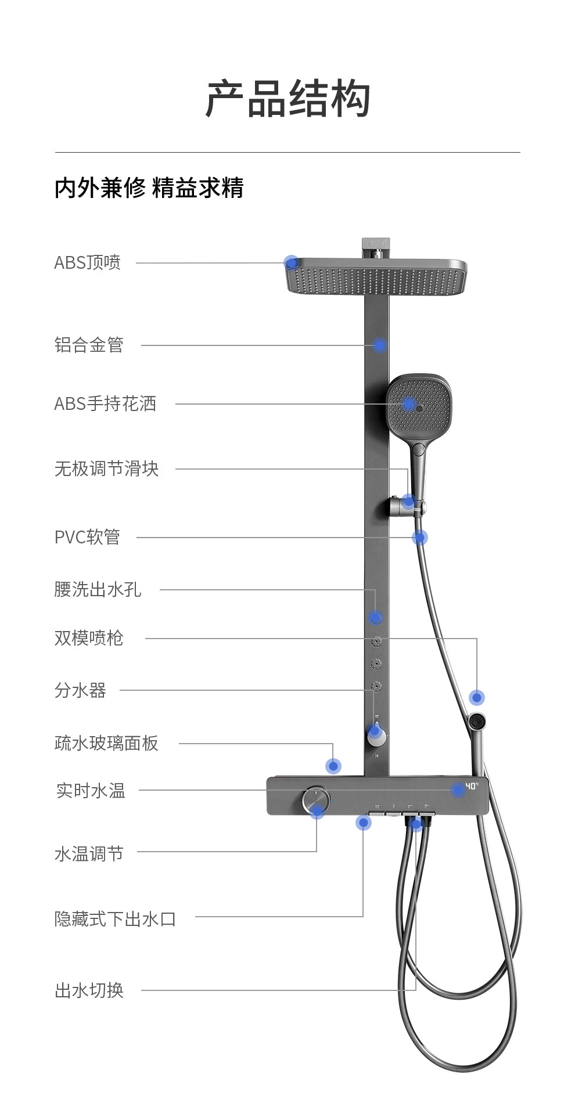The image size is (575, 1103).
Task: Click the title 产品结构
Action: [x=287, y=99]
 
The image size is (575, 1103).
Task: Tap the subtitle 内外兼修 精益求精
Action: [x=149, y=188]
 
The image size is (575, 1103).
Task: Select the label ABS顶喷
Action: [x=88, y=262]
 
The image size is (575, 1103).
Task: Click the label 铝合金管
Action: [x=89, y=345]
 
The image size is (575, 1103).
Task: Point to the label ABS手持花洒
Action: [x=105, y=403]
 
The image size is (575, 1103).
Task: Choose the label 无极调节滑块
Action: [x=106, y=468]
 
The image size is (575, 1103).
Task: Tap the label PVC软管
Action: [x=87, y=537]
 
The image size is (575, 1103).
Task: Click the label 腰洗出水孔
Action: [x=98, y=589]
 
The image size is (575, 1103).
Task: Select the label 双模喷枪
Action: [x=89, y=638]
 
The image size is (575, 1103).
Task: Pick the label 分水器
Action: [x=80, y=690]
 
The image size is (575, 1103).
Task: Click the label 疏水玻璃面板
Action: [x=106, y=743]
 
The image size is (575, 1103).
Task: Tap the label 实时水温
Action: [x=91, y=790]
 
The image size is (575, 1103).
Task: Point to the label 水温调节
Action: [x=89, y=853]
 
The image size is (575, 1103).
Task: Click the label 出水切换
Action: [x=89, y=990]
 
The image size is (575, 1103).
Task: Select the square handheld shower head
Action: [x=418, y=405]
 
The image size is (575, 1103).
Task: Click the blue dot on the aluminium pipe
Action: [x=379, y=345]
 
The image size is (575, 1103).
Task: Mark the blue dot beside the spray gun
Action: [x=477, y=698]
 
